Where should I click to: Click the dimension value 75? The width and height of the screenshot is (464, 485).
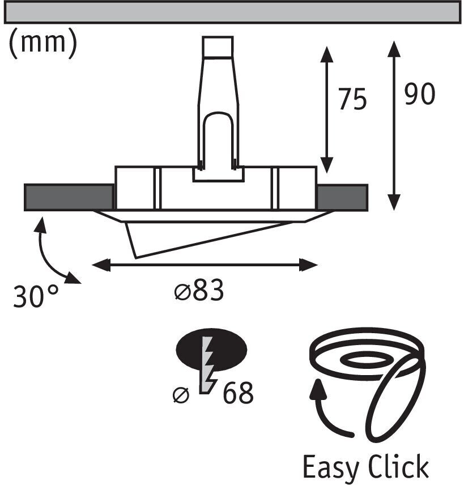tap(352, 99)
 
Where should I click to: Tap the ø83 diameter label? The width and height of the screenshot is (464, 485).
tap(199, 290)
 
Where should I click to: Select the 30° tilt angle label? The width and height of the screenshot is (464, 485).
tap(36, 296)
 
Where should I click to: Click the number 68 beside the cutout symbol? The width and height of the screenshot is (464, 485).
tap(238, 393)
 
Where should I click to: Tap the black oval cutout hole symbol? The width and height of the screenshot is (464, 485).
tap(211, 350)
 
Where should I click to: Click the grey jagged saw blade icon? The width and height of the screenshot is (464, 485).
tap(208, 364)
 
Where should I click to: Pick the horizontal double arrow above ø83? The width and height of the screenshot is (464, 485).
tap(205, 265)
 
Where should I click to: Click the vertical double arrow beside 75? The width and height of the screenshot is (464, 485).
tap(327, 109)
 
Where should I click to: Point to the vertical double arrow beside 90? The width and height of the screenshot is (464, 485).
tap(394, 125)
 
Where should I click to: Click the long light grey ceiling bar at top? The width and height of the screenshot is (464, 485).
tap(233, 12)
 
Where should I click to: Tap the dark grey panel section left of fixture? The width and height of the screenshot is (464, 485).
tap(69, 197)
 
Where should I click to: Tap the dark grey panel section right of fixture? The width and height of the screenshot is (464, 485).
tap(342, 197)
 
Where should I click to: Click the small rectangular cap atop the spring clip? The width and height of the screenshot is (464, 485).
tap(218, 46)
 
